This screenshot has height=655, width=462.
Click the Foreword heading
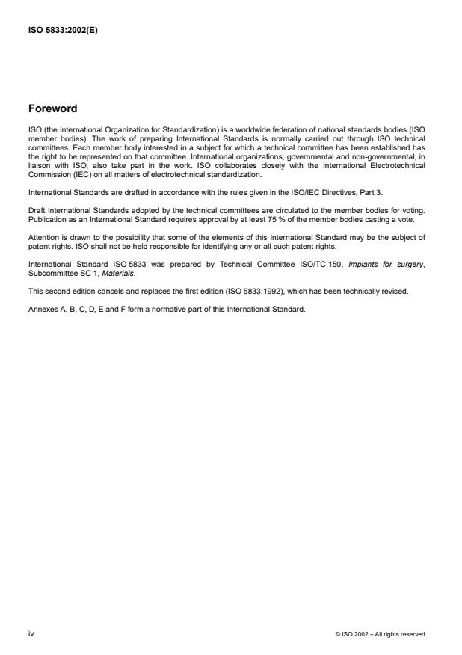click(52, 108)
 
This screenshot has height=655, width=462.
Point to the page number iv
click(31, 634)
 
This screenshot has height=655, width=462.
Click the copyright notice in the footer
click(381, 634)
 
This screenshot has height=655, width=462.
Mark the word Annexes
click(42, 308)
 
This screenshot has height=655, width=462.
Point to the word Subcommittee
click(50, 271)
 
